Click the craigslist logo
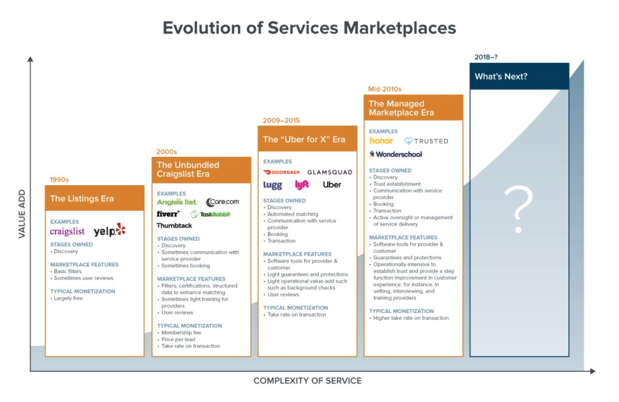point(67,231)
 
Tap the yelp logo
point(109,230)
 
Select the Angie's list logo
point(177,202)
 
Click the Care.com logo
point(222,202)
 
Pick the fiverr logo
point(168,214)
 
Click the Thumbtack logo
point(175,225)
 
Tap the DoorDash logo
point(282,172)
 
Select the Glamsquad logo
point(329,172)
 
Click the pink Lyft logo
point(302,185)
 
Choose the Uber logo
point(332,185)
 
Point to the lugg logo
point(273,185)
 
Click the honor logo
point(381,140)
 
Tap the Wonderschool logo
point(396,154)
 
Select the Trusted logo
point(426,141)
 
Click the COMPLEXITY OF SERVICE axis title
point(307,381)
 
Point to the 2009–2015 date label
point(281,120)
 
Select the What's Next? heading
point(501,77)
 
